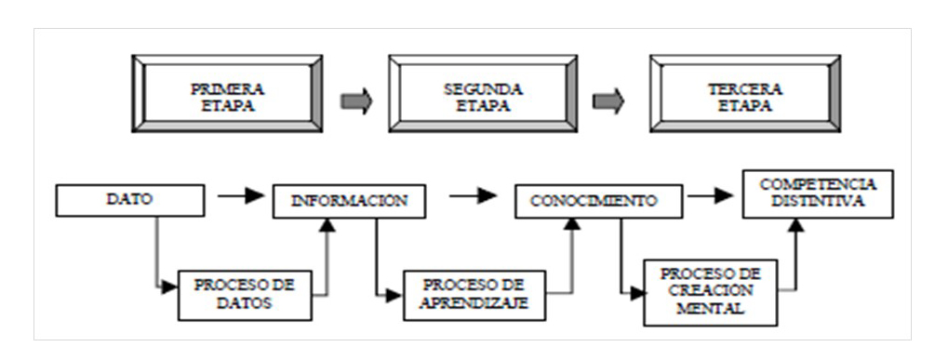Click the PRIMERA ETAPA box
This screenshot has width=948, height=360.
tap(227, 98)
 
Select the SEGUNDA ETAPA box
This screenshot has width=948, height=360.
tap(484, 98)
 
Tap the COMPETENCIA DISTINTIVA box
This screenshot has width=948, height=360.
tap(805, 193)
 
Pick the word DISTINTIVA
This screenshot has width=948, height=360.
tap(806, 202)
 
